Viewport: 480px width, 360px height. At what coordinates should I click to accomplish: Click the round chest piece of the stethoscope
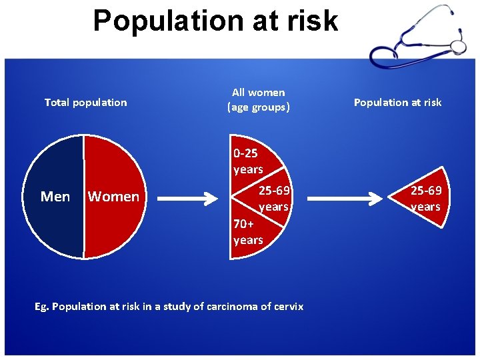click(458, 47)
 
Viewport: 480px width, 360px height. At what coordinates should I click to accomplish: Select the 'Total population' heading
click(85, 102)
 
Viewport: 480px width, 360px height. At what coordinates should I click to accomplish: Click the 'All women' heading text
click(258, 93)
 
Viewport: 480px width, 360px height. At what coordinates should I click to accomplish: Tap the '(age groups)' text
click(258, 107)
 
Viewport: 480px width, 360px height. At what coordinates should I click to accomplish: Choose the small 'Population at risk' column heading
click(397, 102)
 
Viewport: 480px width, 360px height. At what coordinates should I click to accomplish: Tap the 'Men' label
click(55, 196)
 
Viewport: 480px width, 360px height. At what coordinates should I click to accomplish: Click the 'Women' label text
click(113, 197)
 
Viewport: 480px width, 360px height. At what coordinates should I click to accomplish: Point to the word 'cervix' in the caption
click(289, 307)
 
